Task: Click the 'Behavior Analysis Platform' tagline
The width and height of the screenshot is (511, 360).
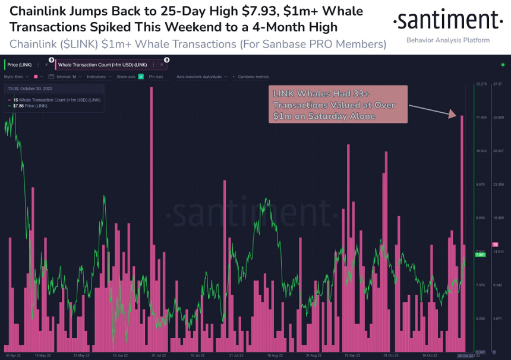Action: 447,40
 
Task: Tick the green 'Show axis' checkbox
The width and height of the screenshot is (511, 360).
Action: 141,77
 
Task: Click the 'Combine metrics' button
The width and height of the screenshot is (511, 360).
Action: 253,77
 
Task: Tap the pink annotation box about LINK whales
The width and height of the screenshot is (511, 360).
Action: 337,104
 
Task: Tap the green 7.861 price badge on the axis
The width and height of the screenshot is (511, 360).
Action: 480,254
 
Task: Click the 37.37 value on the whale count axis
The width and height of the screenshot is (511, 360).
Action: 498,84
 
